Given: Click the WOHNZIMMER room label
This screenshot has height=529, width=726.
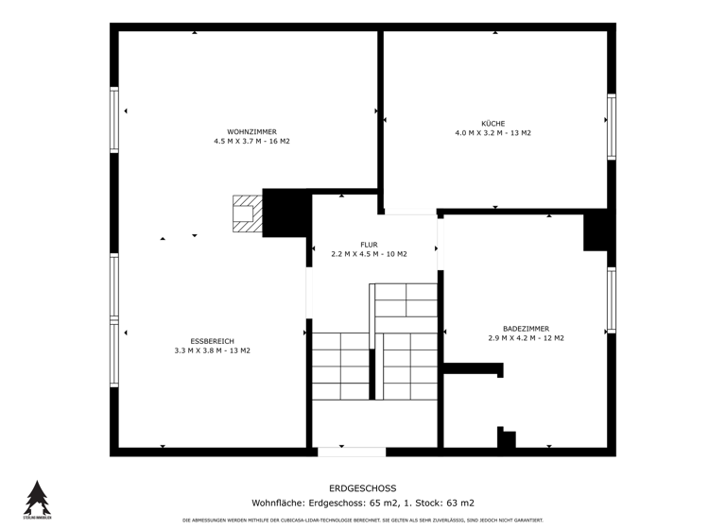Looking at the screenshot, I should point(251,131).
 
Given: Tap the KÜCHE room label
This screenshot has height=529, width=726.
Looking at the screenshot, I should point(493,123).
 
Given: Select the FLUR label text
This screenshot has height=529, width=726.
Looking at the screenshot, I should point(369,245).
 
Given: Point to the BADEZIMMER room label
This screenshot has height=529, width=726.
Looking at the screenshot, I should point(526,329).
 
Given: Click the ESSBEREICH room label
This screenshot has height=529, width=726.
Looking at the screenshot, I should point(212,341).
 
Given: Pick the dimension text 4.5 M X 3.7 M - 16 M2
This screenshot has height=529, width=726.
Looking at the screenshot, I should point(251,142).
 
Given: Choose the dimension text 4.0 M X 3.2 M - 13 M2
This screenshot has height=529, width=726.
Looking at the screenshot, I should point(493,133).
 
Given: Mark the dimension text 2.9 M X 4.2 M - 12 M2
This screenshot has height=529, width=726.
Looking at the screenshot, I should point(526,338).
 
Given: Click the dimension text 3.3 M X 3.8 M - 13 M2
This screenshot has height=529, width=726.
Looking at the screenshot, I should point(212,350).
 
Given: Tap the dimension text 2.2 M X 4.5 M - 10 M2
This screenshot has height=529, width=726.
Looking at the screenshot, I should point(369,254).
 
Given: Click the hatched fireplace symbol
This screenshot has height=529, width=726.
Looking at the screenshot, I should point(247,213).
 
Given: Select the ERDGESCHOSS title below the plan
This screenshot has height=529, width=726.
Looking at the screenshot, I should point(363,488).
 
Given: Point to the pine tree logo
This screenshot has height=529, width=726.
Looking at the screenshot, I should point(37,498).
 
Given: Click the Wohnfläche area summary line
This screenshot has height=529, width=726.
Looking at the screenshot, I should point(363,503).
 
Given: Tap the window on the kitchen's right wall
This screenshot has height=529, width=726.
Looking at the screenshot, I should point(612,127).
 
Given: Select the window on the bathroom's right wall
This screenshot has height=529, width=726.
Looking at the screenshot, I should point(612,300).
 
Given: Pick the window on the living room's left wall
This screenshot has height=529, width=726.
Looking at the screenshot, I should point(114,119).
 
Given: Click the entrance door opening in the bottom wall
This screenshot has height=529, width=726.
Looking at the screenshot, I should point(351,452).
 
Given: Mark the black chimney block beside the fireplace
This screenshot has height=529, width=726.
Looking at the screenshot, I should point(286,213).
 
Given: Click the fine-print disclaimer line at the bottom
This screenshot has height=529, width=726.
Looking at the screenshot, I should point(363,520).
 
